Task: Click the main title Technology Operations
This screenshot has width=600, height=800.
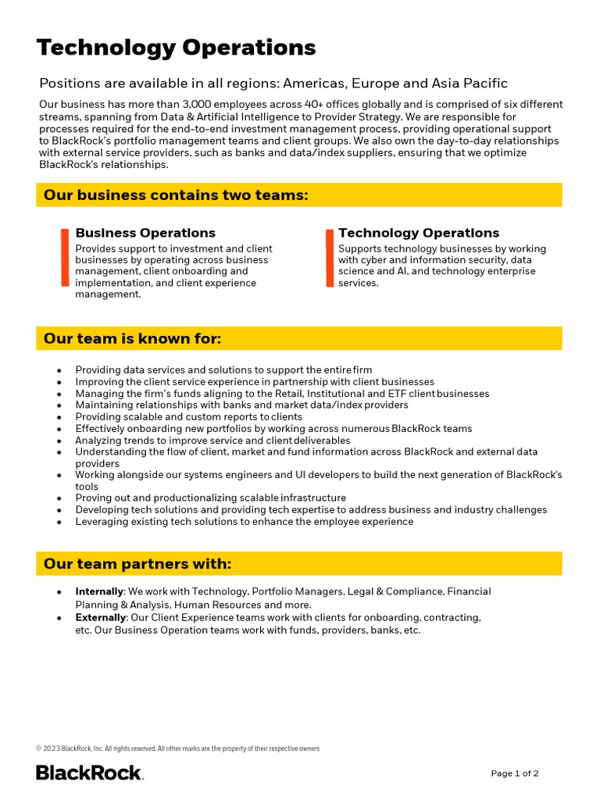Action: coord(176,48)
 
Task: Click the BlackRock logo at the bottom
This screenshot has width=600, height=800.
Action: coord(89,773)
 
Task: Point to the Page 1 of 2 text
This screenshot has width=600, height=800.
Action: coord(514,773)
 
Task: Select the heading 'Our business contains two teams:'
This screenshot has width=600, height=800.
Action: coord(176,195)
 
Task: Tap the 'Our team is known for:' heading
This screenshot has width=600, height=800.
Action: coord(133,338)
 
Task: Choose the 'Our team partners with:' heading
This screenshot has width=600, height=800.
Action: coord(137,564)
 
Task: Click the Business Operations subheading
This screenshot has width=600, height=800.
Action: coord(145,233)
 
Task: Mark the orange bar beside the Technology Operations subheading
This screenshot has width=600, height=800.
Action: coord(330,258)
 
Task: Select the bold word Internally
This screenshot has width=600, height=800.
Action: coord(99,592)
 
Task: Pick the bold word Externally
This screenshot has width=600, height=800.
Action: coord(101,617)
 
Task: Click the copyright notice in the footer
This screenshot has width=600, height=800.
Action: coord(177,748)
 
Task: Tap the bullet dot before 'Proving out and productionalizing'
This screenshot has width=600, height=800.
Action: coord(59,498)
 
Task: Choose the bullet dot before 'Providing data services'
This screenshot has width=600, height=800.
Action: coord(59,370)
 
